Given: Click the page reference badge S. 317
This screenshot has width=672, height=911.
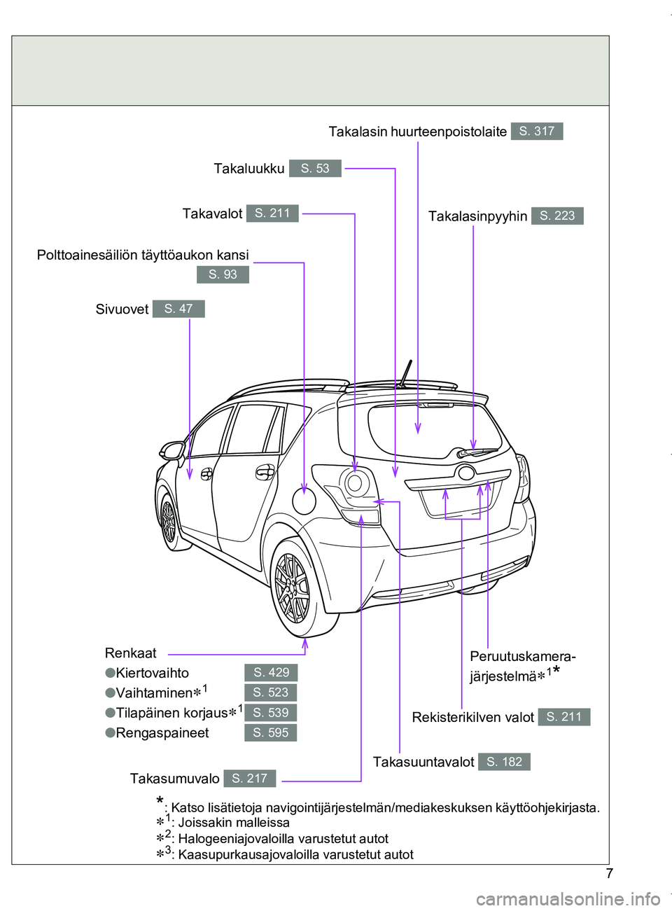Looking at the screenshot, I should coord(537,131).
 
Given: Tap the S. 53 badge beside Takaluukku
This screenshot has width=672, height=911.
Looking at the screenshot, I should coord(315,169).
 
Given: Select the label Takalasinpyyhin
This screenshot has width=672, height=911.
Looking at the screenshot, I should coord(477,216).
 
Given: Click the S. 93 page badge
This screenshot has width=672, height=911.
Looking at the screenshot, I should coord(223,274).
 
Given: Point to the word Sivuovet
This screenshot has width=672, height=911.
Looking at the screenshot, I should coord(122,310).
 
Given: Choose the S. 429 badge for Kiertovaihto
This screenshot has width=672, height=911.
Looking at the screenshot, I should coord(271,673).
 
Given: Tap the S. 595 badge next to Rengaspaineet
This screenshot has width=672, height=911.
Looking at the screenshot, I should coord(271,733).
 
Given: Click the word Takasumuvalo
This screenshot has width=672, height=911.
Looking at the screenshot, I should coord(174,779).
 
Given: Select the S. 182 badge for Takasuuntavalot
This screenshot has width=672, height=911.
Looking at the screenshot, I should coord(504,762).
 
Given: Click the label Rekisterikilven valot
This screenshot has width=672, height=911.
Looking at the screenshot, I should coord(472,717).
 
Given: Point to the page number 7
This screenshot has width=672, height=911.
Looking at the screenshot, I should coord(609,873).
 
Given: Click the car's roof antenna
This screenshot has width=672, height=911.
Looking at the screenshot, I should coord(405,373).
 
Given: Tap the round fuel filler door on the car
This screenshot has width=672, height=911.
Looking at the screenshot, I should coord(304,501).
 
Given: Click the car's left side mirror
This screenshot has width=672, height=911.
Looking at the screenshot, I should coord(171,450).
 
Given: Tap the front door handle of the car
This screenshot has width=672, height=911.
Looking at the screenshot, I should coord(206,475).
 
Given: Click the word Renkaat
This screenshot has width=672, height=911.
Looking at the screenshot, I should coord(130,653).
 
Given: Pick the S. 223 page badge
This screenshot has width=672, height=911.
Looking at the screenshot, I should coord(557,216).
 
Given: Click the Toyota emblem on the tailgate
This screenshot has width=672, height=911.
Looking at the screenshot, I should coord(466,473).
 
